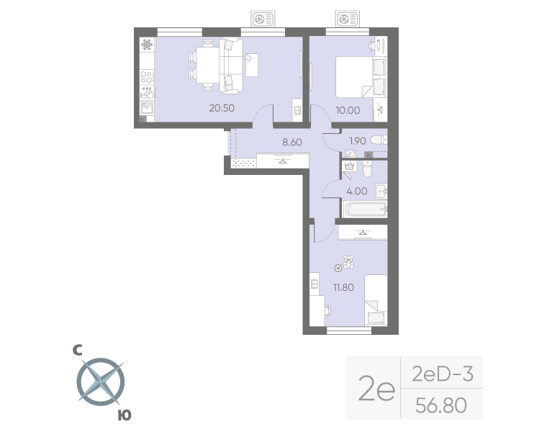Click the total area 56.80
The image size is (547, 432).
(441, 405)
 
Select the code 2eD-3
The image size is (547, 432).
(441, 374)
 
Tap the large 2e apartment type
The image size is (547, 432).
(376, 392)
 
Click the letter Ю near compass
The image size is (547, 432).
(124, 415)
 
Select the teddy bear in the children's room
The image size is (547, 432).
(349, 261)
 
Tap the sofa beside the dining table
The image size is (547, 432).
(231, 66)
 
